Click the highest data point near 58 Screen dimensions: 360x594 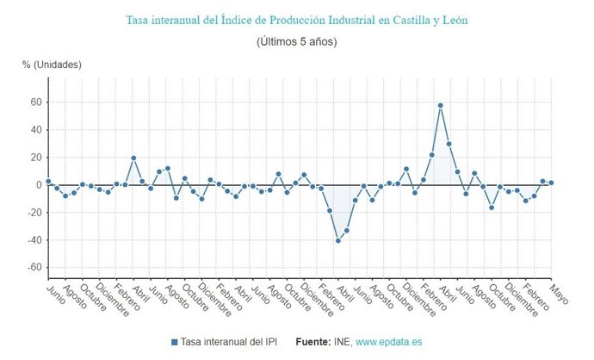tap(440, 105)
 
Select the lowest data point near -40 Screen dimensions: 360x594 tap(338, 240)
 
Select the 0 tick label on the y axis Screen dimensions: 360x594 tap(38, 185)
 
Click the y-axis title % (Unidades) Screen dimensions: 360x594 tap(52, 65)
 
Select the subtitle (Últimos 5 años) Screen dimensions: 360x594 tap(296, 41)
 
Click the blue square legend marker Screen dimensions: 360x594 tap(175, 342)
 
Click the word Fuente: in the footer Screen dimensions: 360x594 tap(313, 342)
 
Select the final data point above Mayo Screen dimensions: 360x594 tap(551, 183)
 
